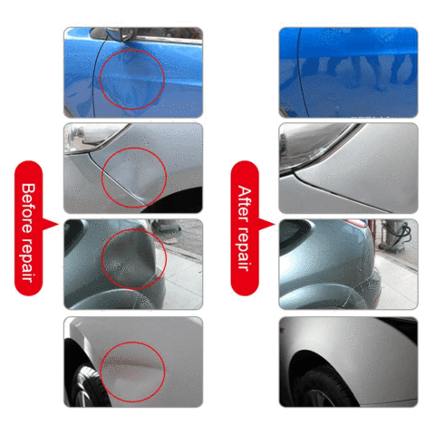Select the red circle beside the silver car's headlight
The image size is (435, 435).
pyautogui.click(x=133, y=176)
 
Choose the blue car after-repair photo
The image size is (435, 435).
pyautogui.click(x=348, y=72)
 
